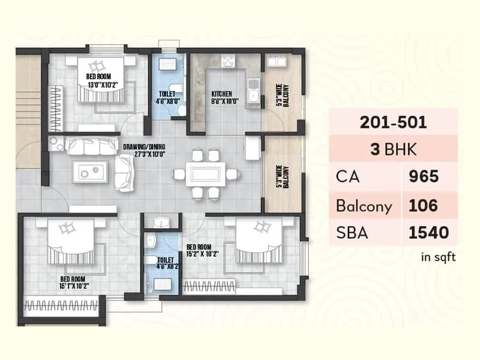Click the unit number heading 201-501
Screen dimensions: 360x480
[393, 122]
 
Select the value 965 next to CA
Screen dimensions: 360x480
[424, 176]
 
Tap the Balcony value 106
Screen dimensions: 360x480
[424, 206]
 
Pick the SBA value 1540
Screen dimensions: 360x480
[428, 232]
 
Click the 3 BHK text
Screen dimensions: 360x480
[393, 149]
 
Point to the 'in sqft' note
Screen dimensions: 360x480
[438, 257]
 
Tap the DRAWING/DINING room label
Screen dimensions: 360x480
[143, 149]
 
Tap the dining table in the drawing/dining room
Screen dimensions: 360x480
[206, 175]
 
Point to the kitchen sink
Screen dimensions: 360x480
[254, 93]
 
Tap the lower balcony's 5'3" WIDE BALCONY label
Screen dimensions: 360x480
[281, 176]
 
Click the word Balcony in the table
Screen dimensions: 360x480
[364, 206]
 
